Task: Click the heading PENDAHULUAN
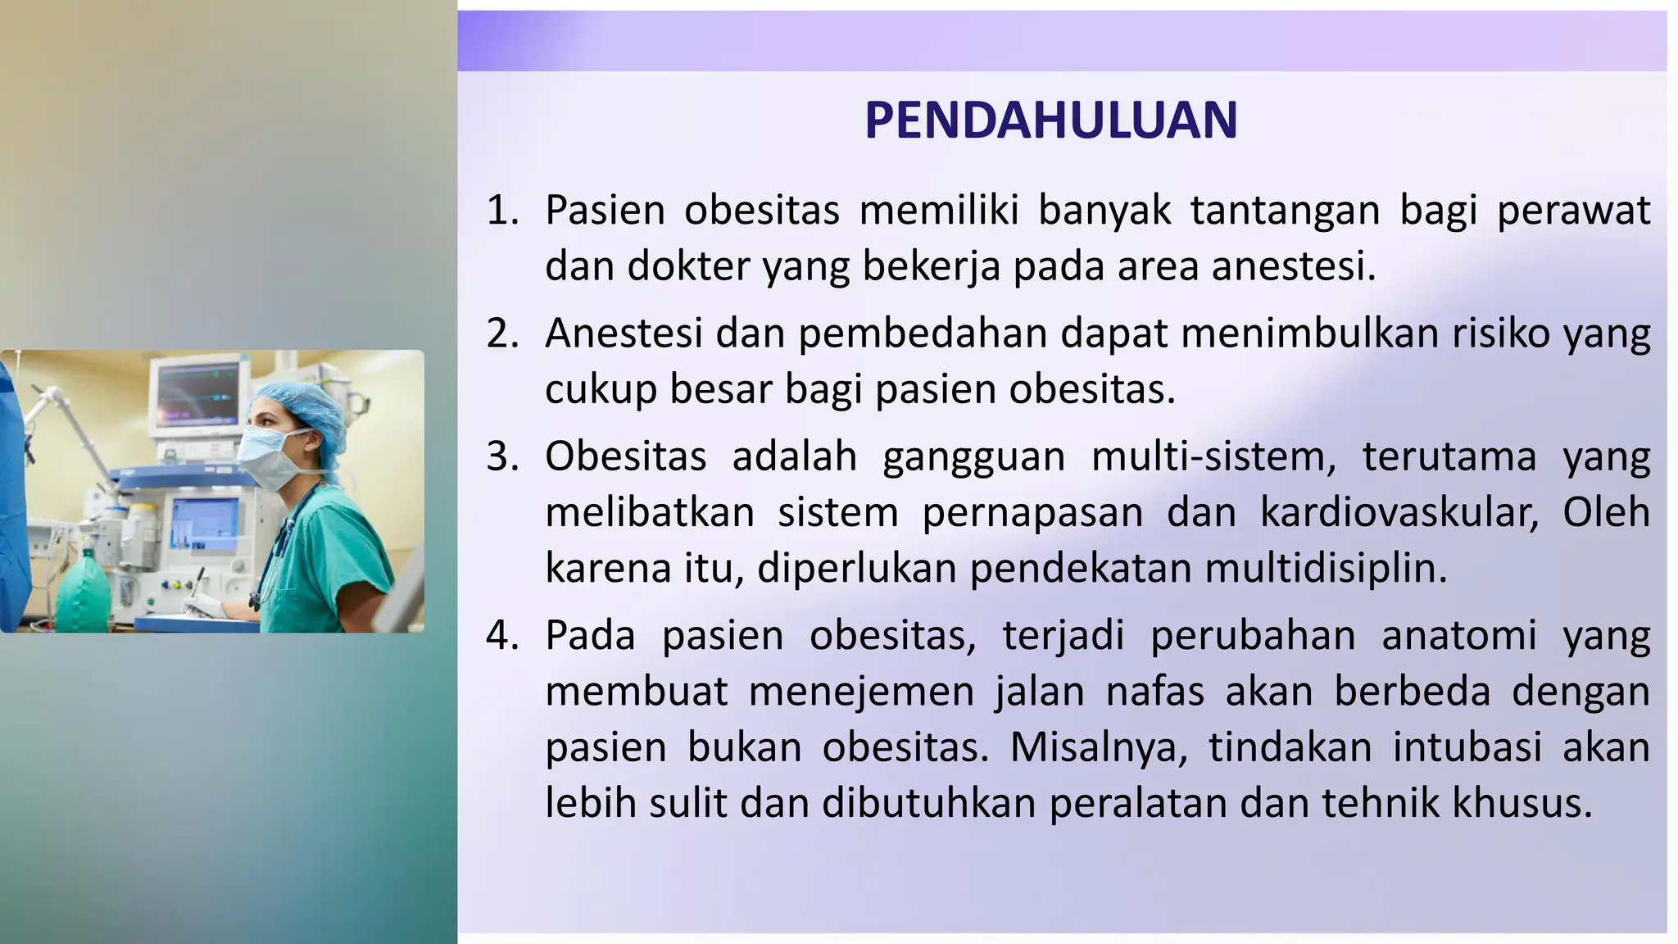tap(1050, 120)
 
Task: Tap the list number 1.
tap(502, 211)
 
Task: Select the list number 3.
tap(502, 456)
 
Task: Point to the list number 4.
tap(502, 636)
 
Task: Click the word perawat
tap(1573, 211)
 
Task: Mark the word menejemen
tap(861, 692)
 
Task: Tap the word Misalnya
tap(1098, 747)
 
